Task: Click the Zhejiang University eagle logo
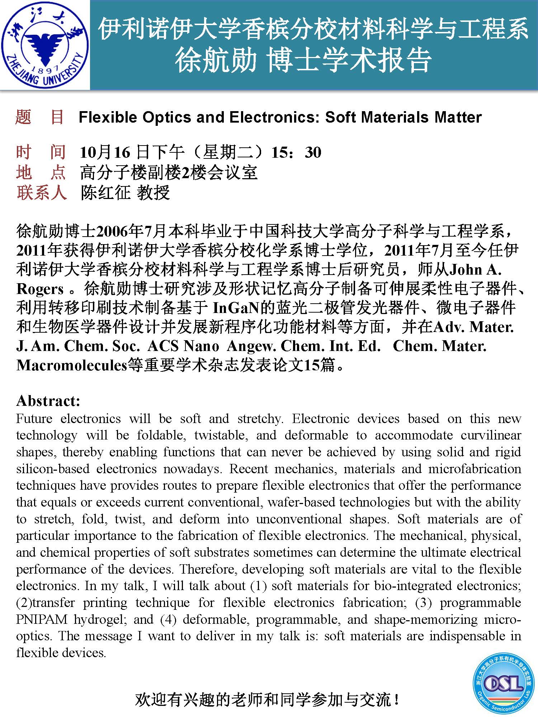pos(44,45)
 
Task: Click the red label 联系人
pos(41,193)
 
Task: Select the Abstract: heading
pos(48,401)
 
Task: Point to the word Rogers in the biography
pos(40,289)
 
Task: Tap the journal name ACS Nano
pos(183,346)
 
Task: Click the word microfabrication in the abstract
pos(475,469)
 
